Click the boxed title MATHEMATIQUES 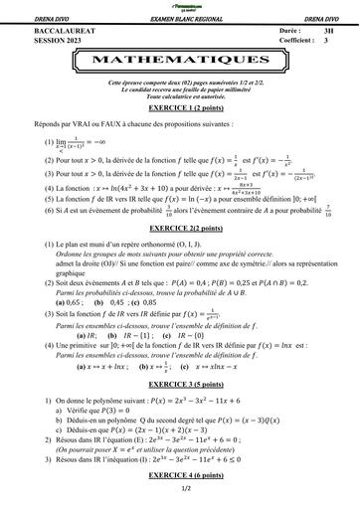(180, 60)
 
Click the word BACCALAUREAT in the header (41, 31)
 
